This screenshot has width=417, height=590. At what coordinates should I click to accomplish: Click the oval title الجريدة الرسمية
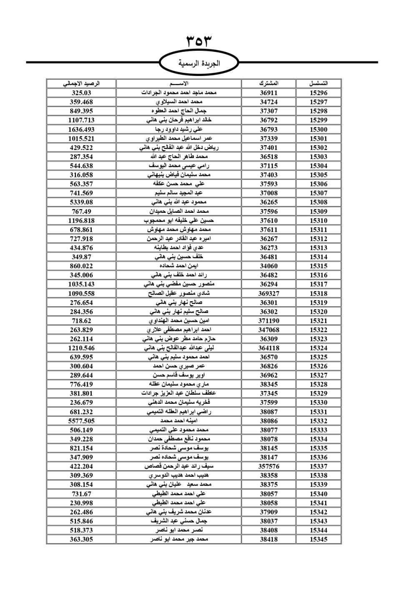click(199, 64)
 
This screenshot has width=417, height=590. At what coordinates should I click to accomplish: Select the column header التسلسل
click(319, 83)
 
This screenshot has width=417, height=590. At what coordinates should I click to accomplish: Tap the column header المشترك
click(269, 83)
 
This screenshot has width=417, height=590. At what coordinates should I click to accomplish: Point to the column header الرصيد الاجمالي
click(81, 83)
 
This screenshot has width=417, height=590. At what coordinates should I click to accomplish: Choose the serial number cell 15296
click(319, 93)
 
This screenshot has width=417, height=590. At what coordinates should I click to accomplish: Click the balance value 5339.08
click(81, 202)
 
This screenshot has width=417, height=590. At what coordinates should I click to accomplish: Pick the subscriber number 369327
click(269, 293)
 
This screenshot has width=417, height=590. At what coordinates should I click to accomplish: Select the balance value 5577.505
click(81, 421)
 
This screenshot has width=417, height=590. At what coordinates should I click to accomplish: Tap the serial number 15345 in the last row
click(319, 539)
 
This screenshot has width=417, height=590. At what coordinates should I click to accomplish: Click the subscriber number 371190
click(269, 320)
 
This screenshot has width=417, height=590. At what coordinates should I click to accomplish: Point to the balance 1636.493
click(81, 129)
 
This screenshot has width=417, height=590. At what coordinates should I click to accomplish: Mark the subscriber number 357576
click(269, 466)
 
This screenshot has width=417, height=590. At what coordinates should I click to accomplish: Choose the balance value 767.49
click(81, 211)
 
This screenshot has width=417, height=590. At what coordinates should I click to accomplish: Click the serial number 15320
click(319, 312)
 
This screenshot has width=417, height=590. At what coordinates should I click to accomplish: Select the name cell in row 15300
click(179, 129)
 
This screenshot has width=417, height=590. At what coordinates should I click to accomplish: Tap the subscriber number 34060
click(269, 266)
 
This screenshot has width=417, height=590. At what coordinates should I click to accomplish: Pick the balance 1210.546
click(81, 348)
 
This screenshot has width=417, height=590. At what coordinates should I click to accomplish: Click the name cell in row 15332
click(179, 421)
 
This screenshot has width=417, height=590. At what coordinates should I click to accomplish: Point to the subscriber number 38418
click(269, 539)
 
